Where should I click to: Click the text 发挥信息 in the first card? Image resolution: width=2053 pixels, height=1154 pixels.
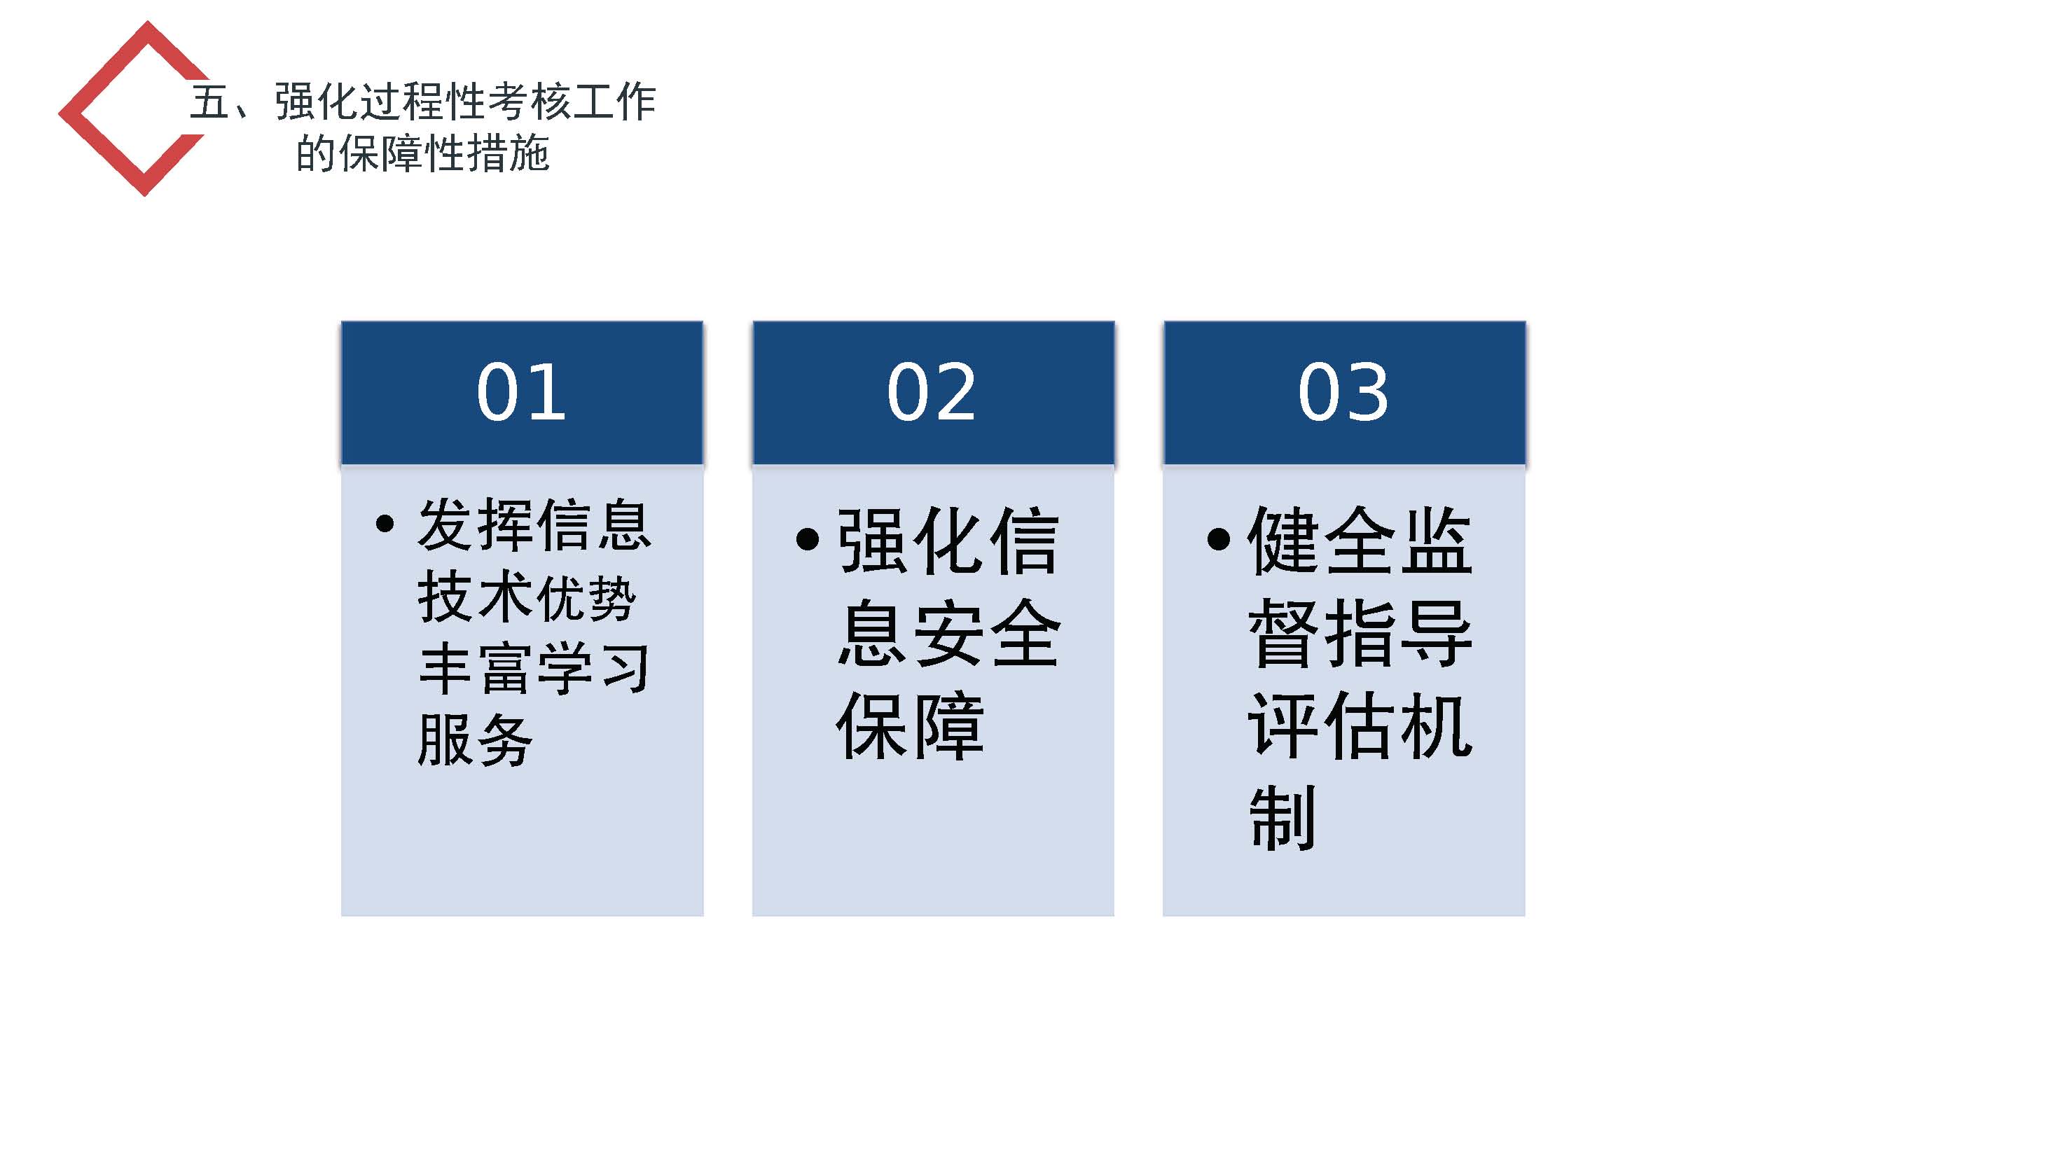[534, 524]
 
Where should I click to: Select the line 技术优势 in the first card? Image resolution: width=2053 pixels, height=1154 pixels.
[526, 596]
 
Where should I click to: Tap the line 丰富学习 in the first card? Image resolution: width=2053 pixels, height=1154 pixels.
[534, 668]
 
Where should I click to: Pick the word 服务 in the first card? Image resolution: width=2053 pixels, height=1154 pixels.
[475, 739]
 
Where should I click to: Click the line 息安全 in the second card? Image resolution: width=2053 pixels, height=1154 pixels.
[948, 634]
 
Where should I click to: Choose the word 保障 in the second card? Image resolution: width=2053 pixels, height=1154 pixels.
[910, 726]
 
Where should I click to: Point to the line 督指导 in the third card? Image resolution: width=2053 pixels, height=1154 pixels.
[1360, 634]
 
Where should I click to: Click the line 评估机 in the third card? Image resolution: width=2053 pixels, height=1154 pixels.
[1360, 726]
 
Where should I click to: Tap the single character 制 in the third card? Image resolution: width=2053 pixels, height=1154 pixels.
[1283, 819]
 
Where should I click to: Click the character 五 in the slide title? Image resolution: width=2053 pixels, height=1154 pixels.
[209, 102]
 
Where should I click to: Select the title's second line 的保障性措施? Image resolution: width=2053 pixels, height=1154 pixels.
[422, 153]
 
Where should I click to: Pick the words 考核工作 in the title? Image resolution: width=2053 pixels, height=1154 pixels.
[572, 102]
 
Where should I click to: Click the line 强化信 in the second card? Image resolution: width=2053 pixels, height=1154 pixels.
[948, 541]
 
